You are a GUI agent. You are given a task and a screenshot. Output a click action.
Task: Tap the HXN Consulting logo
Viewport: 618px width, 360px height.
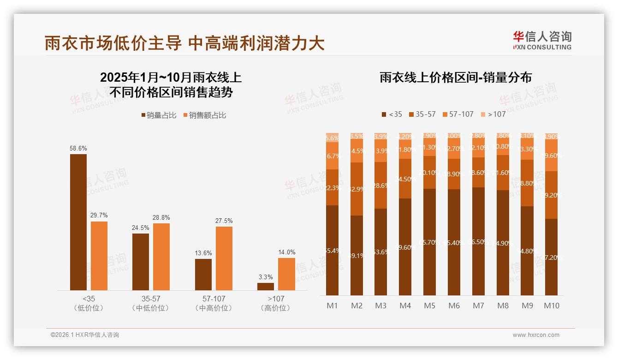542,41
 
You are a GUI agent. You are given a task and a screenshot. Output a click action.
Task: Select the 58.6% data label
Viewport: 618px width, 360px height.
78,149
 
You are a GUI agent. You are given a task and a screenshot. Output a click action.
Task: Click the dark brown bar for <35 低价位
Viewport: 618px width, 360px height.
78,222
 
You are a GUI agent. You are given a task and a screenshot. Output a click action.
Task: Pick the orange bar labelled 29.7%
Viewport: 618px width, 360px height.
99,255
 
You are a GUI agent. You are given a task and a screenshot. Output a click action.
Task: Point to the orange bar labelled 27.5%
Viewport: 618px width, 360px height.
224,258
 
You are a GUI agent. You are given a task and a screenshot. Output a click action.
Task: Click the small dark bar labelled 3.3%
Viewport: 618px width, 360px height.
266,286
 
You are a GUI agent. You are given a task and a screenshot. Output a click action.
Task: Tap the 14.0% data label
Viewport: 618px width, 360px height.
287,252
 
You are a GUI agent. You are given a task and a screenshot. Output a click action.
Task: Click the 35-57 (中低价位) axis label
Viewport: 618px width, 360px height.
150,303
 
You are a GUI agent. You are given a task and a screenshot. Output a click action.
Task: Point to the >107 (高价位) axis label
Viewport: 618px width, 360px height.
275,303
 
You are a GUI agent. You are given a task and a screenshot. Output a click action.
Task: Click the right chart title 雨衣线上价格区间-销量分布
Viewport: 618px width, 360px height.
456,78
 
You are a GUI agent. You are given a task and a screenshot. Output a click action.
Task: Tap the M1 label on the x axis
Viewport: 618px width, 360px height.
333,306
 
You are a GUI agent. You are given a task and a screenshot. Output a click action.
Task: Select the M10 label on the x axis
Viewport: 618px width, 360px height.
552,306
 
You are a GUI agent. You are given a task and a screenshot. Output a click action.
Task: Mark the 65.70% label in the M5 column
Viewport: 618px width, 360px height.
429,242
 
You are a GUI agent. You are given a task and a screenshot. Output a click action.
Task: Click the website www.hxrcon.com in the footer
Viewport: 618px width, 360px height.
535,335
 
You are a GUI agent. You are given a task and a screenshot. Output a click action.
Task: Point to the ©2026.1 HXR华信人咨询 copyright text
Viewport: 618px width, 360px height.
84,335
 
